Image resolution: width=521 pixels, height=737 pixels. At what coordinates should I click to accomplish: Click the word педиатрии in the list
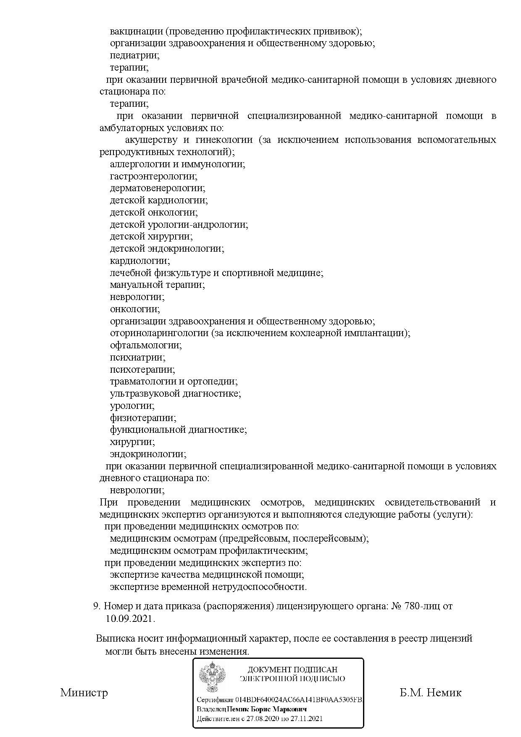tap(134, 55)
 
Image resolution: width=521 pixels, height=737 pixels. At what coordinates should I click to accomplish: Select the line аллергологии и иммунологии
tap(177, 164)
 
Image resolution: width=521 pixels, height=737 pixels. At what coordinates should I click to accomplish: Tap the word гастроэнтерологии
tap(153, 176)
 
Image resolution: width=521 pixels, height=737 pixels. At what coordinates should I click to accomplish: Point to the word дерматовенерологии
tap(158, 188)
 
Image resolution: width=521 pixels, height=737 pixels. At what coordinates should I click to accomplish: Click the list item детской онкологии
tap(153, 213)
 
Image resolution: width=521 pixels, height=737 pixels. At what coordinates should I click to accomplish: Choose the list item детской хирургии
tap(151, 237)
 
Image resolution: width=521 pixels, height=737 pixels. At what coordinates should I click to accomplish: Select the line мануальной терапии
tap(157, 285)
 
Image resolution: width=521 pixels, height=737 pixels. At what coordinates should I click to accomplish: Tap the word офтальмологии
tap(146, 345)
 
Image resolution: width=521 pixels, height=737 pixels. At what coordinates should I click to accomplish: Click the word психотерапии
tap(142, 370)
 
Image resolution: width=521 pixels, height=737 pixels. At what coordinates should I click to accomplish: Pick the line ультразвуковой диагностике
tap(175, 394)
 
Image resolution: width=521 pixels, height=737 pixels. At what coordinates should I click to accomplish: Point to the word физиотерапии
tap(143, 418)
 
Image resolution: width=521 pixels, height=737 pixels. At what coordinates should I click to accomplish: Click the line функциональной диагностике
tap(178, 430)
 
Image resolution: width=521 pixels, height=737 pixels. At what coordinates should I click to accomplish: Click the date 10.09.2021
tap(130, 619)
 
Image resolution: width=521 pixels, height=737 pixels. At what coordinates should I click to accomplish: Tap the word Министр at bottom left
tap(84, 692)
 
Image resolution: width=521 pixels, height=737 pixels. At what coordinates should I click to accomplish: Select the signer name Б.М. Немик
tap(430, 692)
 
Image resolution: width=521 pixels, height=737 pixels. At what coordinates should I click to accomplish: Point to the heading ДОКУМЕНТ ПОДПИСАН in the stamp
tap(292, 669)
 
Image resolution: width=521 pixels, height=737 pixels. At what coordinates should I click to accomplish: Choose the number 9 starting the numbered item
tap(96, 606)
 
